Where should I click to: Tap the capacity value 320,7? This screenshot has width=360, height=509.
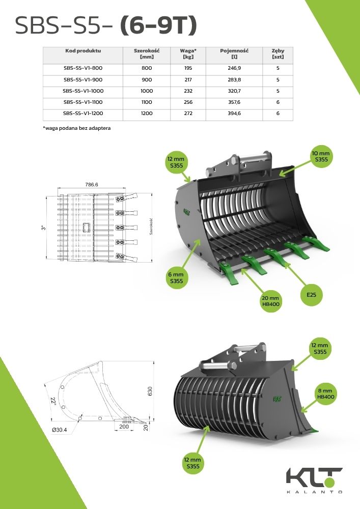[x=234, y=91]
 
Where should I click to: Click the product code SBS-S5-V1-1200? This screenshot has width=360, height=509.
[x=83, y=114]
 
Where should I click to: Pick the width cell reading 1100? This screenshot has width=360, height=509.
[x=147, y=102]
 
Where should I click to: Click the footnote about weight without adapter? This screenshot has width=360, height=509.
[x=77, y=128]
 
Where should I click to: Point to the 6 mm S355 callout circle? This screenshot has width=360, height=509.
[x=177, y=278]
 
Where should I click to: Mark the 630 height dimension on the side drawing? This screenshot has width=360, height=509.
[x=150, y=391]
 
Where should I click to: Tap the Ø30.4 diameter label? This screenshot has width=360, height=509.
[x=60, y=430]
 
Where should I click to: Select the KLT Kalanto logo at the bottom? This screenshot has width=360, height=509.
[x=313, y=480]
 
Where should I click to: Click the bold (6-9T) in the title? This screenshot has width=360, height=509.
[x=158, y=25]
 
